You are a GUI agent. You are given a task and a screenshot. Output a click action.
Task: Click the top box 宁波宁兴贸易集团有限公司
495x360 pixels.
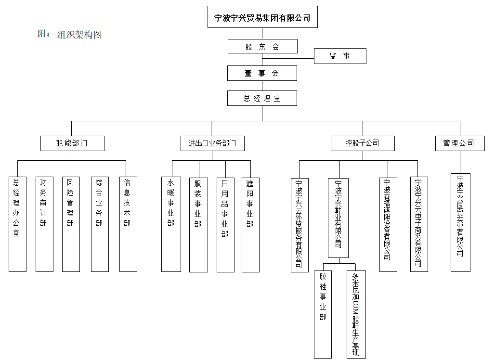point(262,18)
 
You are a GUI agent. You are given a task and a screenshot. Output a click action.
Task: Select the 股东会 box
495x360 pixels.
point(262,46)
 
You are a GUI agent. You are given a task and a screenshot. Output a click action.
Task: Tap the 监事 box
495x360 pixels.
point(340,56)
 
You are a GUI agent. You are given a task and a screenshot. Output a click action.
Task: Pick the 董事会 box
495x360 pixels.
point(262,73)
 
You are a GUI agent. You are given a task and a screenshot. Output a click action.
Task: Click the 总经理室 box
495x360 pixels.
point(262,98)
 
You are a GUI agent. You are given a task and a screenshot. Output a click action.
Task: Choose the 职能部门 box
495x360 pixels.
point(72,143)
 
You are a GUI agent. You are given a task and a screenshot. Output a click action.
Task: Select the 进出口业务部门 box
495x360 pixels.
point(212,143)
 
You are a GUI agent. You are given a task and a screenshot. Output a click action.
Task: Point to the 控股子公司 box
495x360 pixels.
point(362,143)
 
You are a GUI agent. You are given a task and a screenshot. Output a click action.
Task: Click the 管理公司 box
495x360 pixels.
point(459,143)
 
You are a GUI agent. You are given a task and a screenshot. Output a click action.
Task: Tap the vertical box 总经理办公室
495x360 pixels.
point(17,224)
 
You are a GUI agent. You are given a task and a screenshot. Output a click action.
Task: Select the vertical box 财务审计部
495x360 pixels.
point(44,224)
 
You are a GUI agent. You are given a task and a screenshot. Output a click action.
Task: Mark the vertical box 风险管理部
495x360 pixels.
point(71,224)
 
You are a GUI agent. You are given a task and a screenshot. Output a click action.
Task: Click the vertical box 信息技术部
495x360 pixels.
point(128,224)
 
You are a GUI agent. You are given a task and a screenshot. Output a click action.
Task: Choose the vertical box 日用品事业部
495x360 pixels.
point(225,224)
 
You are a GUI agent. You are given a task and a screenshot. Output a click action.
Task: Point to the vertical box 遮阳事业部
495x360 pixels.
point(250,224)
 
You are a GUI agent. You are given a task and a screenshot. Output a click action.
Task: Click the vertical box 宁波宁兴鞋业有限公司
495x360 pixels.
point(338,218)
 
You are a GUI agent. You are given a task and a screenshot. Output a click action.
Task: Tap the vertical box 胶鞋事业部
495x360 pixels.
point(323,314)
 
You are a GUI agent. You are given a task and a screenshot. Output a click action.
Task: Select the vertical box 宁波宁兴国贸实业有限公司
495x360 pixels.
point(460,222)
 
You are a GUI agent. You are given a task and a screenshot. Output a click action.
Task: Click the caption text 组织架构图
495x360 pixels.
point(79,35)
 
